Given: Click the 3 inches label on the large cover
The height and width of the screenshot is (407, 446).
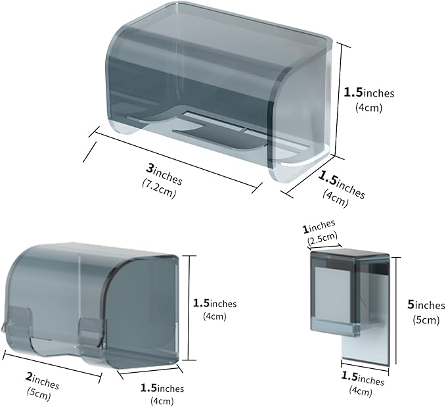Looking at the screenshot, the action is (x=164, y=174).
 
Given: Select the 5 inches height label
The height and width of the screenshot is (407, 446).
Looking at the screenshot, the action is (x=426, y=306).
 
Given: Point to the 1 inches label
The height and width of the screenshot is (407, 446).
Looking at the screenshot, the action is (x=319, y=226).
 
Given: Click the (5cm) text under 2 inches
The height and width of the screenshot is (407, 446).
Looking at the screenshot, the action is (x=39, y=395).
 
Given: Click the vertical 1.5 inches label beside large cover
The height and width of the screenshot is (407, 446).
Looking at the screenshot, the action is (x=369, y=93).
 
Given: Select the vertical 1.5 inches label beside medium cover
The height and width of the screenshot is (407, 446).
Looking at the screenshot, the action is (x=215, y=304).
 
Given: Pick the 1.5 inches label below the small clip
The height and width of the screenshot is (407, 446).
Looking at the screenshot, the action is (x=363, y=379).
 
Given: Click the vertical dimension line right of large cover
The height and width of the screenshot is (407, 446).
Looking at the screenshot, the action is (x=337, y=100).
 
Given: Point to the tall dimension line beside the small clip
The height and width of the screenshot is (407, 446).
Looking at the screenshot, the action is (x=395, y=310).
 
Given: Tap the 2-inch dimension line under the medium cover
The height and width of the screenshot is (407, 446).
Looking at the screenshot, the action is (x=52, y=367).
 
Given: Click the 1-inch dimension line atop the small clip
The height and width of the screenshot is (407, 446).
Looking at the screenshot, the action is (x=324, y=246).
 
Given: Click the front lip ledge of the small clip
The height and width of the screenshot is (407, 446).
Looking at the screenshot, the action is (x=335, y=326).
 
